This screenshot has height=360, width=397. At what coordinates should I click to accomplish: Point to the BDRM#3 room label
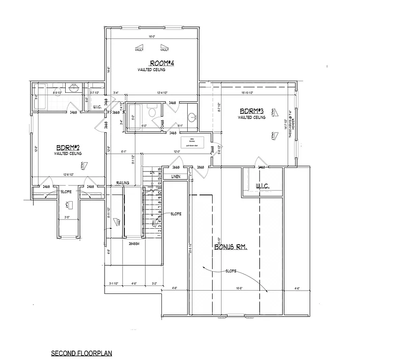251,111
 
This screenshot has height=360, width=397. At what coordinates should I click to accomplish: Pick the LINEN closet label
176,177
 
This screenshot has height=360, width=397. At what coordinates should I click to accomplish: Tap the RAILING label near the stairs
122,183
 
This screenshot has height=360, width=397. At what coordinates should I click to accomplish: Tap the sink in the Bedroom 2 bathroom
74,88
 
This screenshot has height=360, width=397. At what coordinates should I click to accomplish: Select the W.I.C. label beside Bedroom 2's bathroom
98,106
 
